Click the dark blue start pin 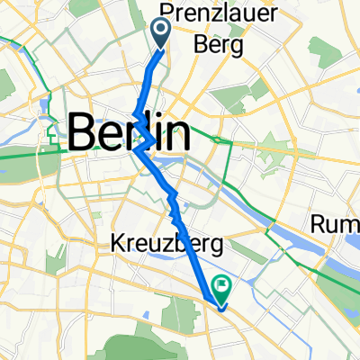coord(163,32)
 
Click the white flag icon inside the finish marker coord(220,285)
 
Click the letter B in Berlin coord(83,134)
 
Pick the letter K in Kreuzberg coord(118,243)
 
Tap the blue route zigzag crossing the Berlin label coord(141,135)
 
